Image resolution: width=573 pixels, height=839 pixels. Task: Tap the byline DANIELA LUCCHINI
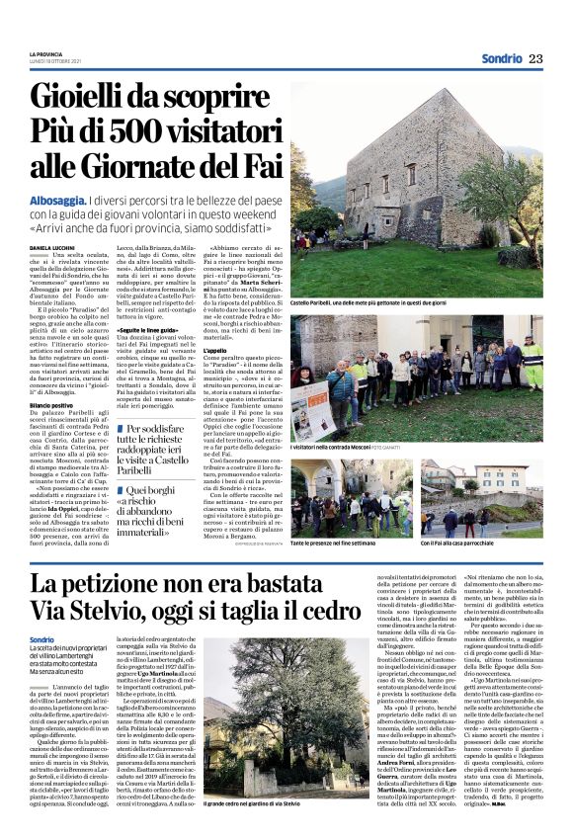point(52,247)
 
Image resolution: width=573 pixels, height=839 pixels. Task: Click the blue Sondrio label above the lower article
point(42,640)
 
